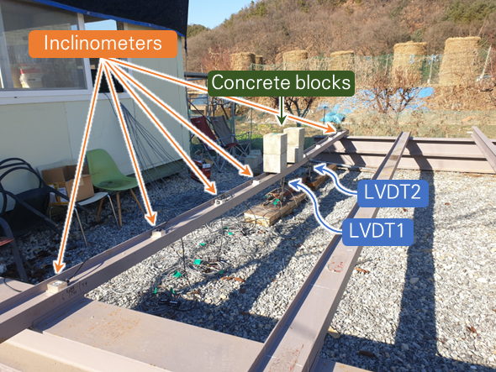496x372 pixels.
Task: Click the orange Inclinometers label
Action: coord(103,44)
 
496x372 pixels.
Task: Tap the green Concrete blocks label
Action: coord(281,83)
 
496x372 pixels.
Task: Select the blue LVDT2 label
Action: coord(393,193)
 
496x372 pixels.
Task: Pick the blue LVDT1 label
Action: coord(377,232)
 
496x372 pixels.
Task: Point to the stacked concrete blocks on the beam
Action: coord(284,149)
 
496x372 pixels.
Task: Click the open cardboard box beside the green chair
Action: coord(67,183)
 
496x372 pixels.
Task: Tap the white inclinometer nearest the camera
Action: coord(57,286)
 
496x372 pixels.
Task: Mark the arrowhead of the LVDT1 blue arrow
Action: coord(293,183)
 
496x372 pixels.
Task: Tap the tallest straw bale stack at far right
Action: coord(460,61)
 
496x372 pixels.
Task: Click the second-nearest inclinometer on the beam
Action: coord(158,233)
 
